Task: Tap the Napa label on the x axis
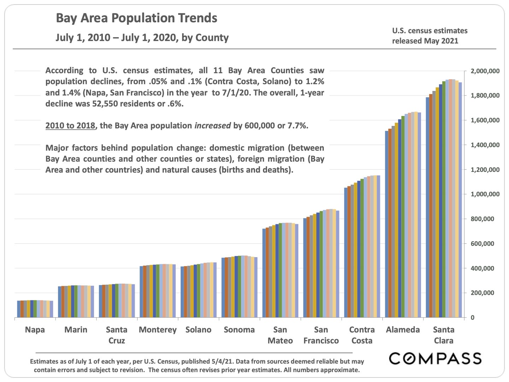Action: click(35, 330)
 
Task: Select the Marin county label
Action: click(76, 330)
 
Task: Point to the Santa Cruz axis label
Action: click(117, 335)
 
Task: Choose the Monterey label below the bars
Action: click(158, 330)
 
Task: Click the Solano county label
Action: click(198, 330)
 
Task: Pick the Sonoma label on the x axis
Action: click(239, 330)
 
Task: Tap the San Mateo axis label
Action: click(280, 335)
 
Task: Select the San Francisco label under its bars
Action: click(321, 335)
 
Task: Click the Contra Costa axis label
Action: click(362, 335)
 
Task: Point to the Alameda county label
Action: click(403, 330)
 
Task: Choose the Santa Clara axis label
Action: click(444, 335)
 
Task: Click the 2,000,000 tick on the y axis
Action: click(485, 71)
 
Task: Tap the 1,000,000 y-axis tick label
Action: click(485, 195)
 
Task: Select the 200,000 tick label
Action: click(487, 293)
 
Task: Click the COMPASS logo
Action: click(435, 358)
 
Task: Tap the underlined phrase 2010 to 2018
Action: click(71, 126)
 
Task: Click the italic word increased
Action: click(213, 126)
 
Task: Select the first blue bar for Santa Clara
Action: click(427, 207)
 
